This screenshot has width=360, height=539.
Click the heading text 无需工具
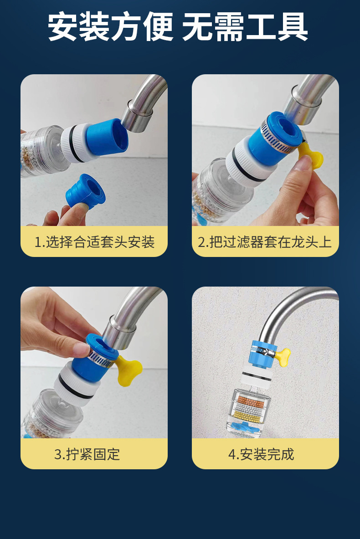pyautogui.click(x=245, y=27)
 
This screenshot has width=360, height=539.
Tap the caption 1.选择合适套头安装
pyautogui.click(x=94, y=242)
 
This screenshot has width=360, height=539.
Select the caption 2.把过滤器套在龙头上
pyautogui.click(x=264, y=242)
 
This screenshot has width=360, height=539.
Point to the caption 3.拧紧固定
pyautogui.click(x=87, y=454)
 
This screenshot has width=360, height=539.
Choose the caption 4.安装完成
pyautogui.click(x=261, y=454)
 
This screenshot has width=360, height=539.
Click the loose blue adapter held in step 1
pyautogui.click(x=86, y=191)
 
